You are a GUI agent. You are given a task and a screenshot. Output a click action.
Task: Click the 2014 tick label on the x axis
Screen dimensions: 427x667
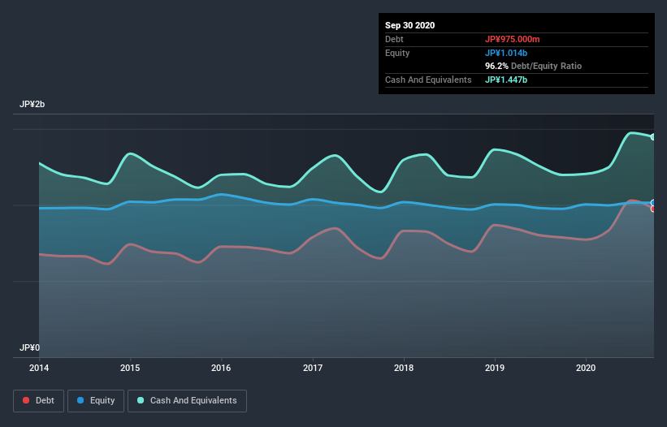39,368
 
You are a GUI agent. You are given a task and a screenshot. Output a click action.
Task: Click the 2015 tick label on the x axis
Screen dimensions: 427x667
130,368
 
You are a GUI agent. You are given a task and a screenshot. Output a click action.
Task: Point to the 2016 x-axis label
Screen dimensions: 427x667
221,368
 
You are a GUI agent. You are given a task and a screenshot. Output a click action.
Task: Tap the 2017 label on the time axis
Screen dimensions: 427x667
313,368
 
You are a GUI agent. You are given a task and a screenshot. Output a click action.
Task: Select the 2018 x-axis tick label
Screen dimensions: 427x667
404,368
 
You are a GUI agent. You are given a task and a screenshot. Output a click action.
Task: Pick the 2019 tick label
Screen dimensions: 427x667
495,368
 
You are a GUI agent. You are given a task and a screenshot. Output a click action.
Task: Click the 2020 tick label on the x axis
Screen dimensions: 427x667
586,368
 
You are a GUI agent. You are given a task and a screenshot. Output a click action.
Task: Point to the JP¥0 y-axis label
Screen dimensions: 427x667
30,347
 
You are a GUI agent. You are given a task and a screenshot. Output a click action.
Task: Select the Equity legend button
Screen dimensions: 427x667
96,400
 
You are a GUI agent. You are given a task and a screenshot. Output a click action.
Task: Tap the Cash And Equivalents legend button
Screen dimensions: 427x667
187,400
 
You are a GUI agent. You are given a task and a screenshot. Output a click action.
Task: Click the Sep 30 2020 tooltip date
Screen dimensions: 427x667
410,25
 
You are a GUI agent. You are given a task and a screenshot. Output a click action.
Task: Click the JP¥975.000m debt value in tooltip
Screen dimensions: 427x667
518,39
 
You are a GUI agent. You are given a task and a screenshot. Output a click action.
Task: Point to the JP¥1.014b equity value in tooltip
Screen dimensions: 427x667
507,53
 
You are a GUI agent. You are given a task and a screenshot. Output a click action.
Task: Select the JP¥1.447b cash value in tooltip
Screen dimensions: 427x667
507,80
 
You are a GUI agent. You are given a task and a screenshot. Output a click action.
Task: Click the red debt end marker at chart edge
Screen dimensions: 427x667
652,209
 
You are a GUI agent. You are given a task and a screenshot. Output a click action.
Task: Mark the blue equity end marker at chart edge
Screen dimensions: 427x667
652,203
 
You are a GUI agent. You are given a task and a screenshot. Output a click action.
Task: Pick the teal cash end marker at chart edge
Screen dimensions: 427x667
652,137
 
